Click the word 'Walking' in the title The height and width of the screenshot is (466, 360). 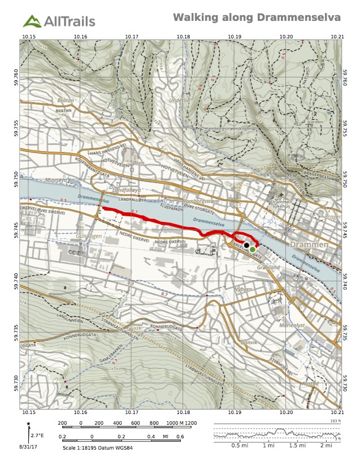click(x=194, y=18)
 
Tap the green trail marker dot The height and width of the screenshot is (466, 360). click(x=253, y=249)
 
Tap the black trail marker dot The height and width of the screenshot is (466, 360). click(x=247, y=245)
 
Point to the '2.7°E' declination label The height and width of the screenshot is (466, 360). click(x=37, y=435)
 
